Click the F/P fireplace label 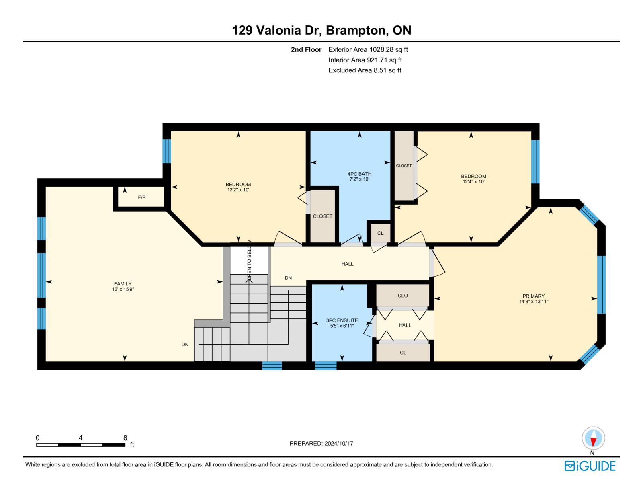[x=141, y=197]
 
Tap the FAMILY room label [x=123, y=283]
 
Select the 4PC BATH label [x=359, y=174]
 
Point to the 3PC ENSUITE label [x=342, y=320]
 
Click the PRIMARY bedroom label [x=533, y=296]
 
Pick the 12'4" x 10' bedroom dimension [x=473, y=181]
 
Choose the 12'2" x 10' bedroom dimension [x=238, y=189]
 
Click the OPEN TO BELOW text [x=249, y=260]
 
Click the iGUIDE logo [x=590, y=466]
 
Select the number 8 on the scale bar [x=125, y=438]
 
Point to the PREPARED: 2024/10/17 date [x=321, y=443]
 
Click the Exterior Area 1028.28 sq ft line [x=368, y=49]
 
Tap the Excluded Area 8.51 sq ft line [x=365, y=70]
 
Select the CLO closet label [x=402, y=296]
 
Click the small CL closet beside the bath [x=380, y=233]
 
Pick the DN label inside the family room [x=185, y=344]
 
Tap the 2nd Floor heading [x=306, y=49]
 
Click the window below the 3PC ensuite [x=326, y=366]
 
